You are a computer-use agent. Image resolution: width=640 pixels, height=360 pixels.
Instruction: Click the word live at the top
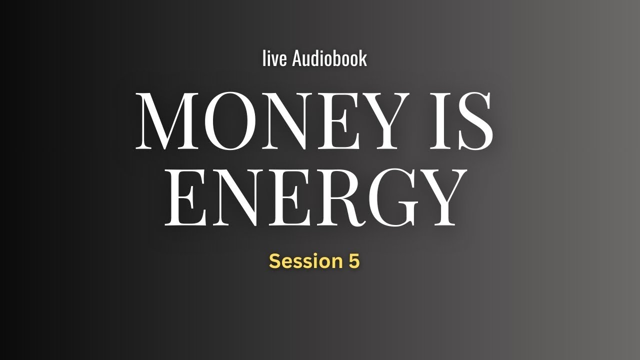tap(274, 58)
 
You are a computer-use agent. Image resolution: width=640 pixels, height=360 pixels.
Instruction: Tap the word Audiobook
tap(329, 58)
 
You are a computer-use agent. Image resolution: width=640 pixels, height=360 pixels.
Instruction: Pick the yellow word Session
tap(303, 261)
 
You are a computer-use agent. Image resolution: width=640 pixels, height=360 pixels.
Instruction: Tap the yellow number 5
tap(353, 261)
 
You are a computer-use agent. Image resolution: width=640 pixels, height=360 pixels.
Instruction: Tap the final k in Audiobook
tap(362, 58)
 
